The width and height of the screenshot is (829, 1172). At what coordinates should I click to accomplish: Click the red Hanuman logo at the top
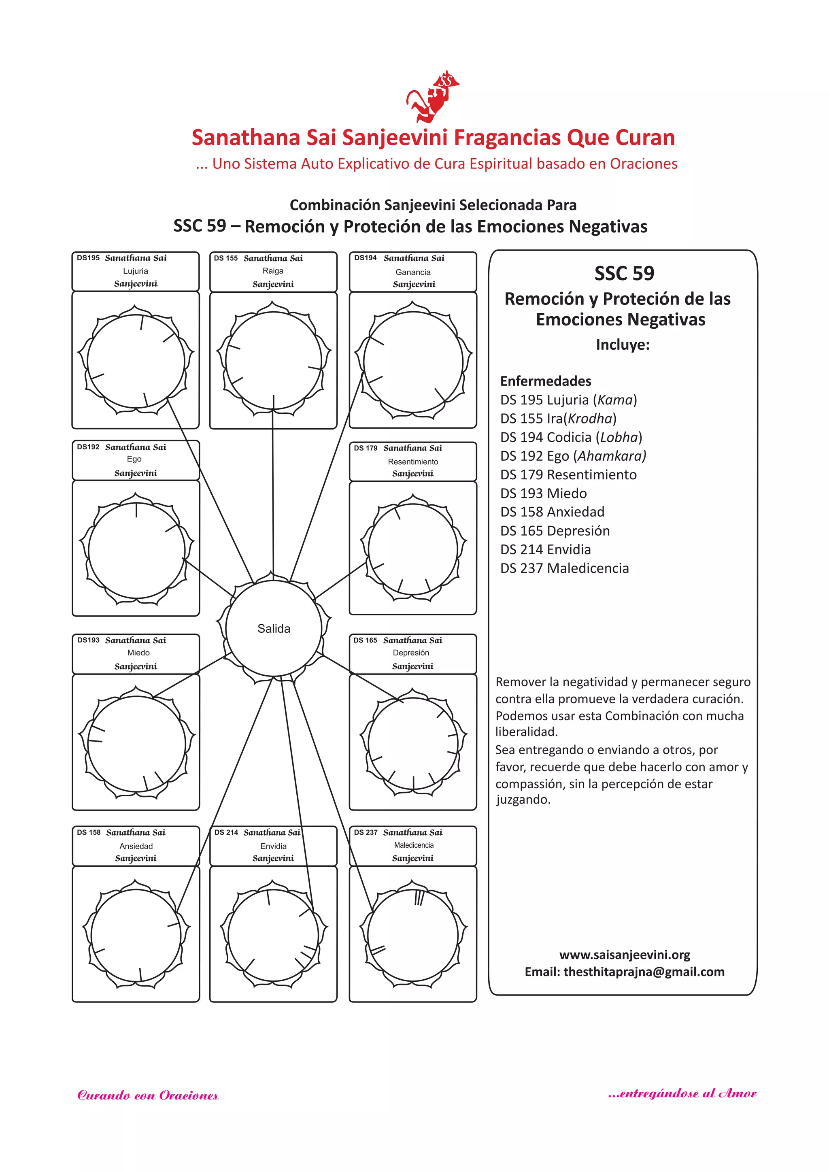click(432, 97)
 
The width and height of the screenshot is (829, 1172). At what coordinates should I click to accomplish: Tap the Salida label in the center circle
click(274, 628)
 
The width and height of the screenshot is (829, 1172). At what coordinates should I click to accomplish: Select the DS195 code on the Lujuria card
click(88, 258)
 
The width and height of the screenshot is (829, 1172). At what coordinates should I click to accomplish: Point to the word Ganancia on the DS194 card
click(413, 272)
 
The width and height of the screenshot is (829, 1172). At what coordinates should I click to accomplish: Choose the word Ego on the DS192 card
click(134, 459)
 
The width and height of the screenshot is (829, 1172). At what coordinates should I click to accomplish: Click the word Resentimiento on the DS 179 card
click(413, 462)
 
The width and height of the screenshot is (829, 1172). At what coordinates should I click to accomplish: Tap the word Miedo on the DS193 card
click(138, 652)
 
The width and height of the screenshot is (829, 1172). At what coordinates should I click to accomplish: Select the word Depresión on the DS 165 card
click(411, 652)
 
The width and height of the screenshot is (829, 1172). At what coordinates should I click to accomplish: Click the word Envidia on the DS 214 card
click(274, 846)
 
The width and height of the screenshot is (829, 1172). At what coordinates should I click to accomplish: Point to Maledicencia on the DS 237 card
click(413, 845)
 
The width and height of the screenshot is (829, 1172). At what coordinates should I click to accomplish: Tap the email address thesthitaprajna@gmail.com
click(644, 971)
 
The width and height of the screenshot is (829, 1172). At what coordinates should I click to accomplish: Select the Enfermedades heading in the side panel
click(546, 381)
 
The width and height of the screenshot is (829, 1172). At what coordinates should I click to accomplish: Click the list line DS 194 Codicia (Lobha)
click(571, 437)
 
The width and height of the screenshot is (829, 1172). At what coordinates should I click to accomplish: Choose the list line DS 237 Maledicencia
click(565, 568)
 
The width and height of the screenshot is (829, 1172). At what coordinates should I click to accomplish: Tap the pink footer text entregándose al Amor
click(682, 1093)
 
